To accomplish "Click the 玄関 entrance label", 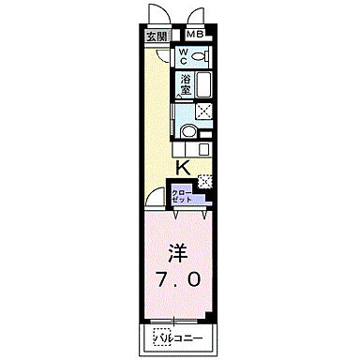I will pyautogui.click(x=156, y=37).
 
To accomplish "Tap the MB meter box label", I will pyautogui.click(x=194, y=35).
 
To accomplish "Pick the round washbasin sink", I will pyautogui.click(x=188, y=131).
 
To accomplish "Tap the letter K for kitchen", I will pyautogui.click(x=184, y=168).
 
